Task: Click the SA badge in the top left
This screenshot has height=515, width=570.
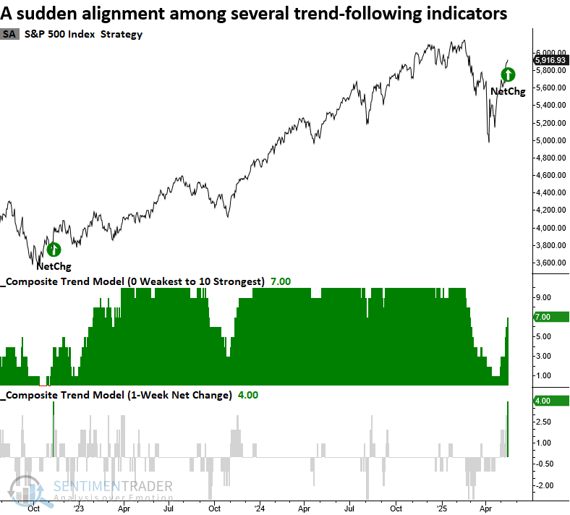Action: pyautogui.click(x=9, y=34)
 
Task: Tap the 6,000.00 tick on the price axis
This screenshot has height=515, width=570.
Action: pyautogui.click(x=550, y=53)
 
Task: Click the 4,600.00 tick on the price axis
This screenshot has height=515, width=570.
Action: pyautogui.click(x=550, y=175)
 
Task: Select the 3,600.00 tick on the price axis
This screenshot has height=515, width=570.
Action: pyautogui.click(x=550, y=263)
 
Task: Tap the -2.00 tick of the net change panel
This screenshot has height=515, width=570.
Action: pyautogui.click(x=545, y=485)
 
